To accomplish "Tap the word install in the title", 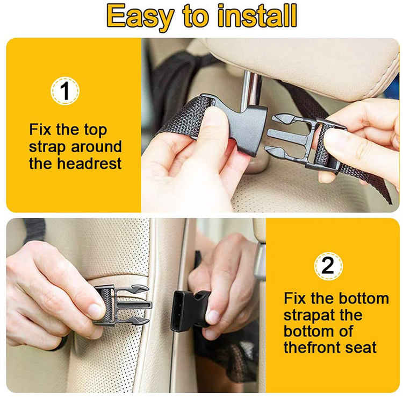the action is (257, 16).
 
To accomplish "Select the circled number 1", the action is (65, 90).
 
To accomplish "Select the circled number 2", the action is (328, 266).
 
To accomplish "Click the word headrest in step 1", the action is (89, 164).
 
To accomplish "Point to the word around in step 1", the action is (96, 147).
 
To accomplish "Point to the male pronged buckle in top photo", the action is (306, 143).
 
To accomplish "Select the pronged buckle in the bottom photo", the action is (123, 305).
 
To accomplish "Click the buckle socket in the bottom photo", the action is (191, 311).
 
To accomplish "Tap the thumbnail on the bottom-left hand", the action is (95, 311).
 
